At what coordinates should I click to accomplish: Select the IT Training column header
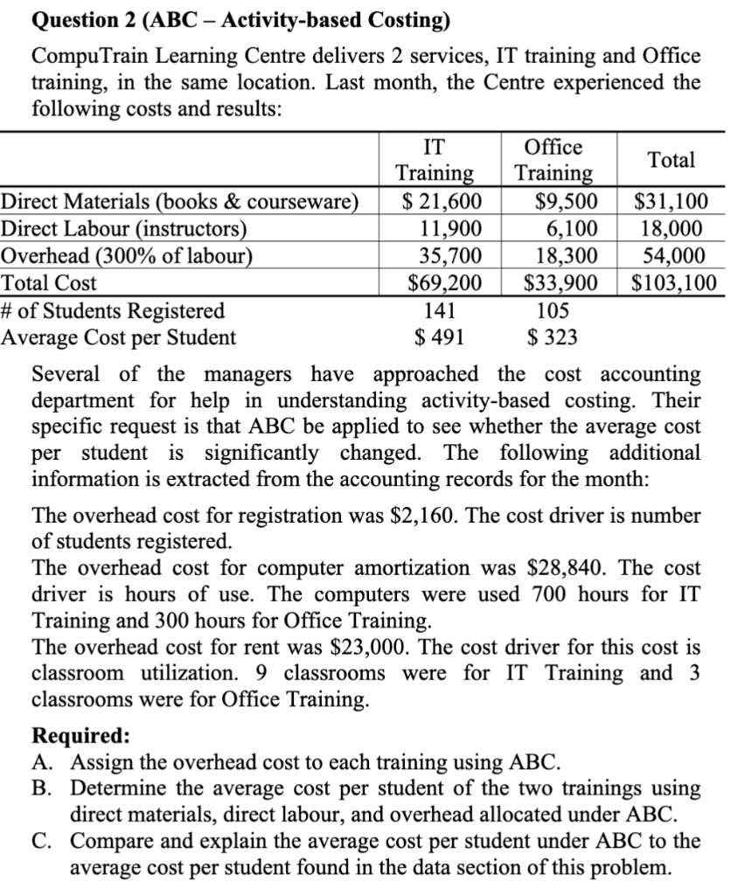(435, 160)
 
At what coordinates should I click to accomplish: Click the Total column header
(672, 160)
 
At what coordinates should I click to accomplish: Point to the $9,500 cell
(567, 201)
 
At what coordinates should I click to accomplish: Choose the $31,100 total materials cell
(671, 201)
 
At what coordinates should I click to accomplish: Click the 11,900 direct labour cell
(446, 229)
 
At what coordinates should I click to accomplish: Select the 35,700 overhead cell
(446, 256)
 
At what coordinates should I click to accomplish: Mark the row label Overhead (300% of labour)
(128, 256)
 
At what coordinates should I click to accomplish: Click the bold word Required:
(80, 734)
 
